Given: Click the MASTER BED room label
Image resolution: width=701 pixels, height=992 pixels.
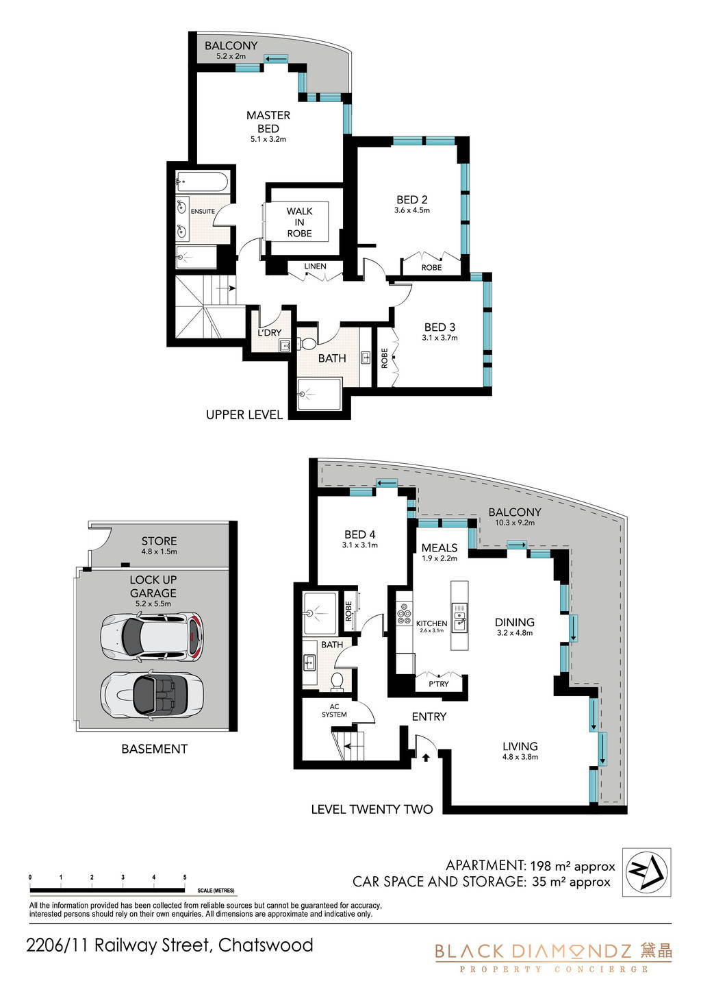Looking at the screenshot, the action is click(x=268, y=122).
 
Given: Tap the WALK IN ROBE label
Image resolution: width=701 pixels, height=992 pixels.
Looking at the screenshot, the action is click(x=299, y=223).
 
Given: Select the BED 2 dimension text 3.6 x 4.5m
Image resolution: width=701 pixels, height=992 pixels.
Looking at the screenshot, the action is click(x=411, y=210).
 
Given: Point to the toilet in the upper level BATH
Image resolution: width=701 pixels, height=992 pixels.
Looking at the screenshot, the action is click(x=308, y=343).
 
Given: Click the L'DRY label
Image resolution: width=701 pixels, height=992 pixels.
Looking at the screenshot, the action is click(x=270, y=332).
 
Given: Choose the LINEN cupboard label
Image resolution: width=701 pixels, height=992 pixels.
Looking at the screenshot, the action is click(x=315, y=266).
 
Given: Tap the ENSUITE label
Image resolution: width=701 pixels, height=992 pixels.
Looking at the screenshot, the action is click(x=203, y=212).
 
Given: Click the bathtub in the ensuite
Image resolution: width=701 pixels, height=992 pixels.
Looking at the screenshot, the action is click(x=202, y=182).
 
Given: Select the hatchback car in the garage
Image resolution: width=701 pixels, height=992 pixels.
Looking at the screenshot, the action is click(x=152, y=637).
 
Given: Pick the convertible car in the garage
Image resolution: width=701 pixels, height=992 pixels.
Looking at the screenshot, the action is click(x=152, y=694).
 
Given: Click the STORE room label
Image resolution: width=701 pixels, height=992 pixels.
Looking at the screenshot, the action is click(x=160, y=541).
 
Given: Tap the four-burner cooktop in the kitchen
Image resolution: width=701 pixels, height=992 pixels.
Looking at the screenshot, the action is click(x=404, y=614).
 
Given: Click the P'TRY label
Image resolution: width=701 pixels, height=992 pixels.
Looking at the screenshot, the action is click(x=439, y=684).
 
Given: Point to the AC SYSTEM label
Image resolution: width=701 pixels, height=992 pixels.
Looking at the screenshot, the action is click(x=334, y=710).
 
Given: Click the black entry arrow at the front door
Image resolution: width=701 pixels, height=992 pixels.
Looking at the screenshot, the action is click(x=426, y=758).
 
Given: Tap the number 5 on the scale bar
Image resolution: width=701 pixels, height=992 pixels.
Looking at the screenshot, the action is click(x=185, y=877).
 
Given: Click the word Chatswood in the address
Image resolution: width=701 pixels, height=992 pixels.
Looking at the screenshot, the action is click(x=266, y=945).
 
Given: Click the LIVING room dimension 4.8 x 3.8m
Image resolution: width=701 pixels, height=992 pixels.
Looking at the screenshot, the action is click(x=520, y=757).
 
